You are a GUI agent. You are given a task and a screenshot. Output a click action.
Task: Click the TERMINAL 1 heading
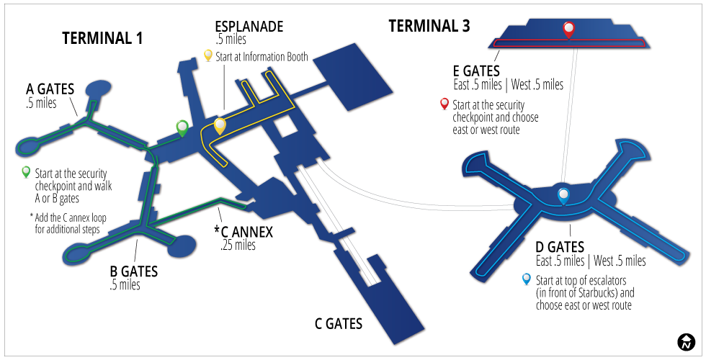coord(102,38)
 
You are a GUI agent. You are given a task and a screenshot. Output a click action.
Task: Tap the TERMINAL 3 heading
coord(429,26)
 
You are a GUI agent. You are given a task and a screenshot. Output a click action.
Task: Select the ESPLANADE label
coord(249,26)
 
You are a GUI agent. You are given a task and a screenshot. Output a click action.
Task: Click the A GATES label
coord(50,89)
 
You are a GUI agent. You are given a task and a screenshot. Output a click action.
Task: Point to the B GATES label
coord(134,271)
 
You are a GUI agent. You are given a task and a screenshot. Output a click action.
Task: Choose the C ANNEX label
coord(243,232)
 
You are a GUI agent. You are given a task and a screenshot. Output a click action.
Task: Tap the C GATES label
coord(338,323)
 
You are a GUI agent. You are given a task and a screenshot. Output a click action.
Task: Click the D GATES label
coord(560,247)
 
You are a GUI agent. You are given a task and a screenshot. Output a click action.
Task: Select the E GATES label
coord(476,71)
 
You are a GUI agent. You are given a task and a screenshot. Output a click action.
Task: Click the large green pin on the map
coord(182,129)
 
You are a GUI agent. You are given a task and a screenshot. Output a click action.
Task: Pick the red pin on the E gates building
coord(569,30)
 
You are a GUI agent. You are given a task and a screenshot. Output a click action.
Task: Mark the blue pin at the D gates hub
coord(563,197)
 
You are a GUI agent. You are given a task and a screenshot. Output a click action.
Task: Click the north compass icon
coord(686,343)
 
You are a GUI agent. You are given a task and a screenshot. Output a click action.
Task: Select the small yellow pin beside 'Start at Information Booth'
coord(208,56)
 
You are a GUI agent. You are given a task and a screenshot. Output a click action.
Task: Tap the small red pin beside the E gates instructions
coord(444,104)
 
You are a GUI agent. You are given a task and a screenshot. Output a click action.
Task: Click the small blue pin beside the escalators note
coord(527,279)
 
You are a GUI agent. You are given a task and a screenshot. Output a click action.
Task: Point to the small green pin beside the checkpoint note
coord(26,172)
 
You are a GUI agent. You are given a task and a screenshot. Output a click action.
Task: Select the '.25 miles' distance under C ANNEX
coord(238,246)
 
